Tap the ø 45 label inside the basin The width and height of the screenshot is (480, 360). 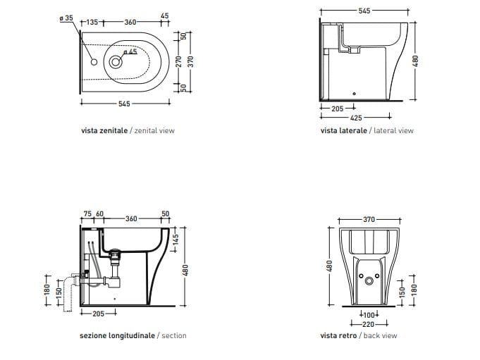pyautogui.click(x=130, y=52)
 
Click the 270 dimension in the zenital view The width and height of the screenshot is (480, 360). pyautogui.click(x=180, y=61)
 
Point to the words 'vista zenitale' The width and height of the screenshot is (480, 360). pyautogui.click(x=104, y=130)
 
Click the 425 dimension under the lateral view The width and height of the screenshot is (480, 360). pyautogui.click(x=356, y=118)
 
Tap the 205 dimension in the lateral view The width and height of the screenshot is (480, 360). pyautogui.click(x=337, y=108)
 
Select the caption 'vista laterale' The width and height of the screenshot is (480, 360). pyautogui.click(x=343, y=130)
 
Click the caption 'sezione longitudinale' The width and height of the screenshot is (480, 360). pyautogui.click(x=118, y=335)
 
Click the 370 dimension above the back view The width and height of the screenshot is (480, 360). pyautogui.click(x=369, y=220)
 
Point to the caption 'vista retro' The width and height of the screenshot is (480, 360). pyautogui.click(x=338, y=335)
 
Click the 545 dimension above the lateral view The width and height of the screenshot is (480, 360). pyautogui.click(x=364, y=11)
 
